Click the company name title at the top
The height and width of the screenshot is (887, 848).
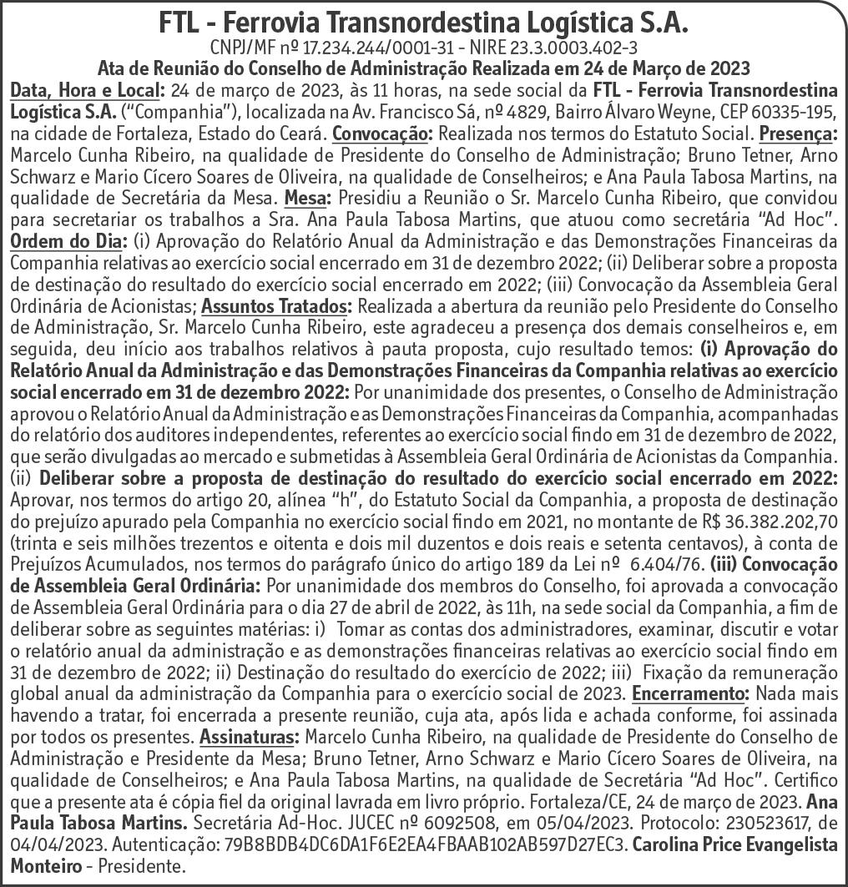pos(423,22)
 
